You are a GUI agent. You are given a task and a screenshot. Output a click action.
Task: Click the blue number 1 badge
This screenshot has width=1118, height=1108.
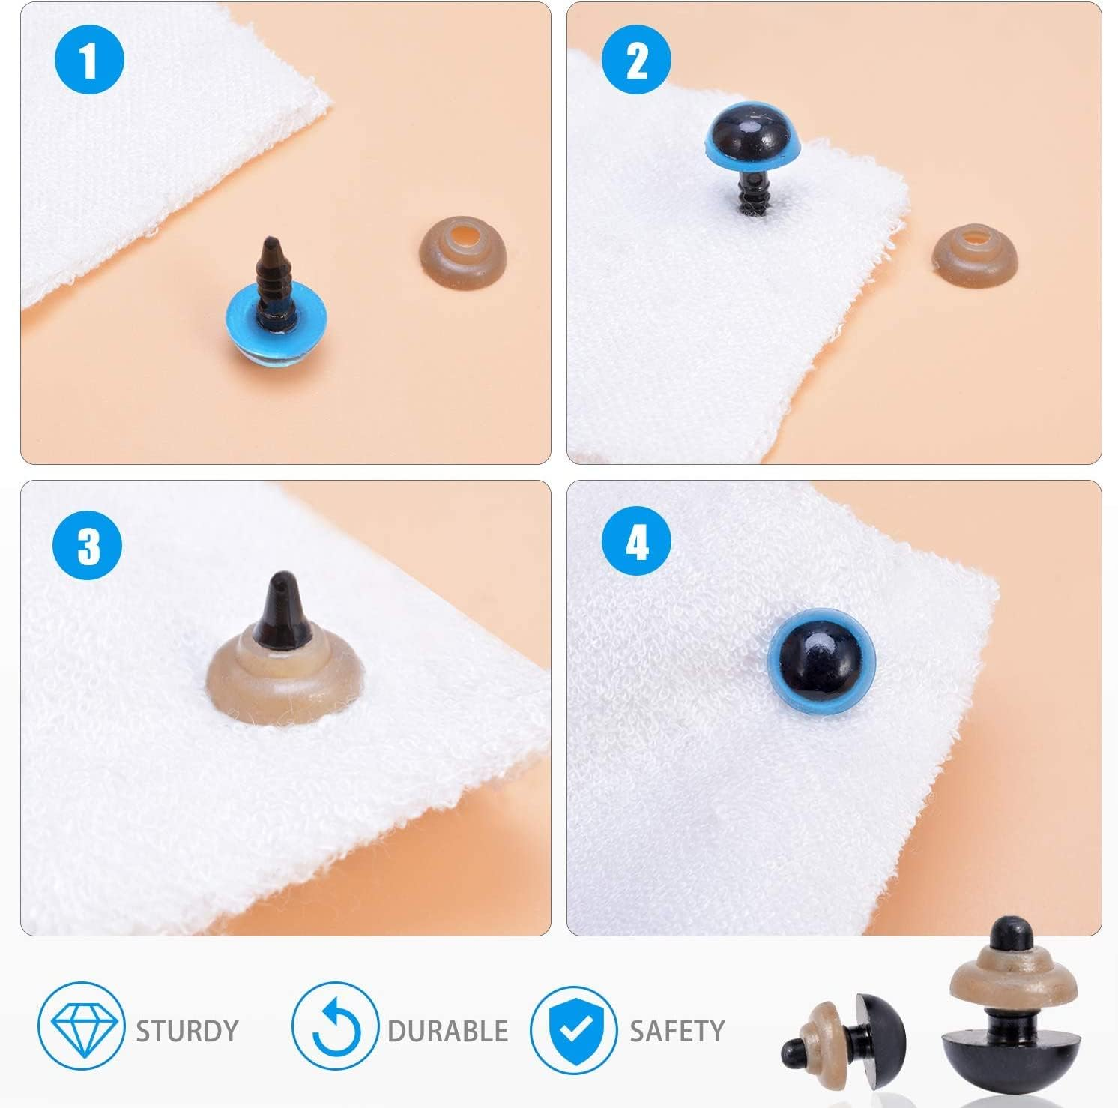[x=89, y=61]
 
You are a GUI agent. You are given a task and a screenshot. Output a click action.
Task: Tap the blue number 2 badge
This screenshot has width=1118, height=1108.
[x=637, y=61]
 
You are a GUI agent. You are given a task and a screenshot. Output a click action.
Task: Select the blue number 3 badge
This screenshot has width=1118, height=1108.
[x=88, y=545]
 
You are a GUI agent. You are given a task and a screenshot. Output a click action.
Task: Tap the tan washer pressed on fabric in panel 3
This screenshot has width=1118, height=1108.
[x=285, y=678]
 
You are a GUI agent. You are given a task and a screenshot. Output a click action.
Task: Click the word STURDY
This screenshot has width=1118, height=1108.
[x=187, y=1030]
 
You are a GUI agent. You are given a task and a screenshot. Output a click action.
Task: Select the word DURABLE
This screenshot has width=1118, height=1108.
[x=447, y=1031]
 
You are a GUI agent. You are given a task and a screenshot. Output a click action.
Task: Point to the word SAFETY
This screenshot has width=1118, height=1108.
[x=677, y=1031]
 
